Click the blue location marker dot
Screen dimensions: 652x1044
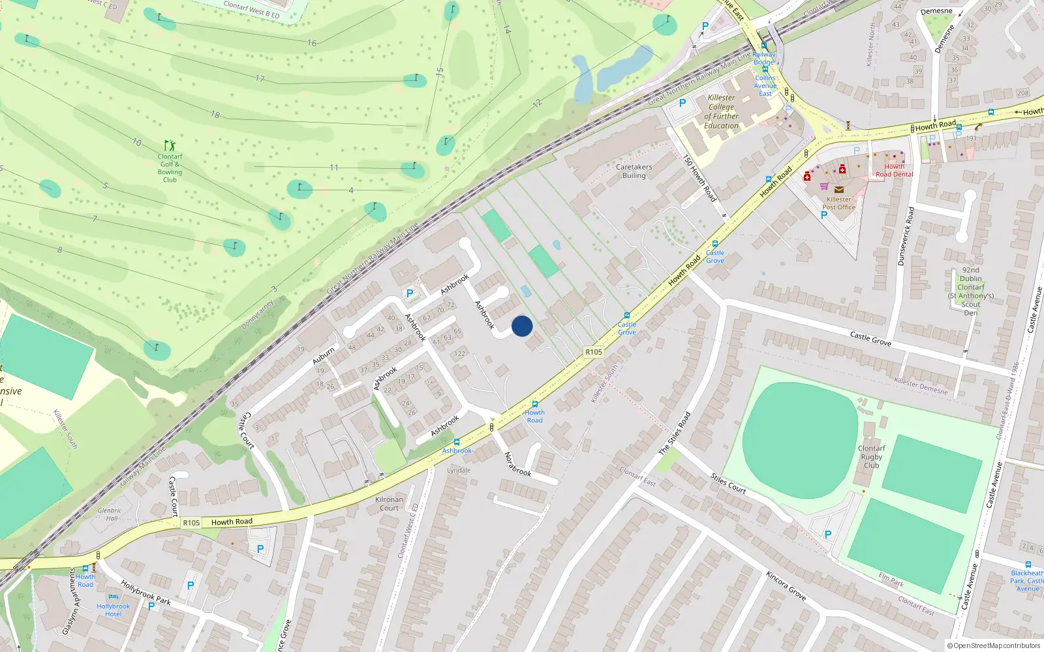coord(522,326)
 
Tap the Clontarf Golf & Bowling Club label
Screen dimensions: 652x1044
coord(170,168)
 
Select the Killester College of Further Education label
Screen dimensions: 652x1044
coord(721,111)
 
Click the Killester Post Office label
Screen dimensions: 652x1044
coord(838,203)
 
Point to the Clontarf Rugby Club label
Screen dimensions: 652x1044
coord(872,456)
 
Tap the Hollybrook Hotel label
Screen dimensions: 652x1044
coord(114,610)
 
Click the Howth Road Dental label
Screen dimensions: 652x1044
coord(894,170)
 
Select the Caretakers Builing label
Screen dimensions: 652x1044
coord(634,171)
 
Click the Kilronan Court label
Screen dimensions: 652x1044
coord(389,503)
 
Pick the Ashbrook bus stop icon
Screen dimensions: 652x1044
coord(456,442)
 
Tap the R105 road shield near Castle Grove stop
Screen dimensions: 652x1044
coord(593,352)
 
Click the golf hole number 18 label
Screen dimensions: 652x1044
coord(215,115)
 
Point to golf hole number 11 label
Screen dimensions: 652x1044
coord(334,168)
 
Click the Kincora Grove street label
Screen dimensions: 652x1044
coord(786,585)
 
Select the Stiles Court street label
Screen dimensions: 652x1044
coord(728,483)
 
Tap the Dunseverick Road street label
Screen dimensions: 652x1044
coord(906,236)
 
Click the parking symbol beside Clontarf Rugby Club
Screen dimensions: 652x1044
coord(828,535)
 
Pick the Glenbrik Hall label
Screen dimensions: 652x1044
coord(110,514)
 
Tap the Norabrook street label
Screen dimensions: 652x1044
coord(518,464)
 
